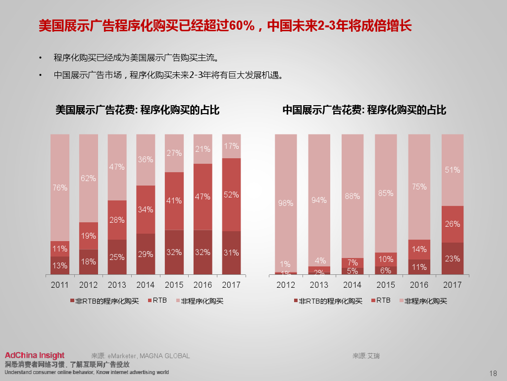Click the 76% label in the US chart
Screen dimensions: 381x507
59,188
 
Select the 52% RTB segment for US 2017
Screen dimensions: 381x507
231,194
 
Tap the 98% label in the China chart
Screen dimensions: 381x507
286,203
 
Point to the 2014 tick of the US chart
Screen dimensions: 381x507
145,285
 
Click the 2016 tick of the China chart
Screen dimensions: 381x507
419,285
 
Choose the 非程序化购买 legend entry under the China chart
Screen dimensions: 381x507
425,301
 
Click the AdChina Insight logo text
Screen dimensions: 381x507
35,355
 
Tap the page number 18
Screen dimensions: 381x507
493,373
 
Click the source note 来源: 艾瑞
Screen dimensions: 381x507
366,356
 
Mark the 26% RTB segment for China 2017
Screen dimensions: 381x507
452,224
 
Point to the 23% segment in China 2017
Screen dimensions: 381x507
452,258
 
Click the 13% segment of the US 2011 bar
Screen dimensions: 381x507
60,265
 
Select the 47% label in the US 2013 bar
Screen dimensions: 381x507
117,167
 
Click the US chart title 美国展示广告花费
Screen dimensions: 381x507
137,110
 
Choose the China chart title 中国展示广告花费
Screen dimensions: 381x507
364,110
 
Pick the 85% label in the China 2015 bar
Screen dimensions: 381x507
386,193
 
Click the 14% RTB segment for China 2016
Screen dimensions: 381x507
419,249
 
